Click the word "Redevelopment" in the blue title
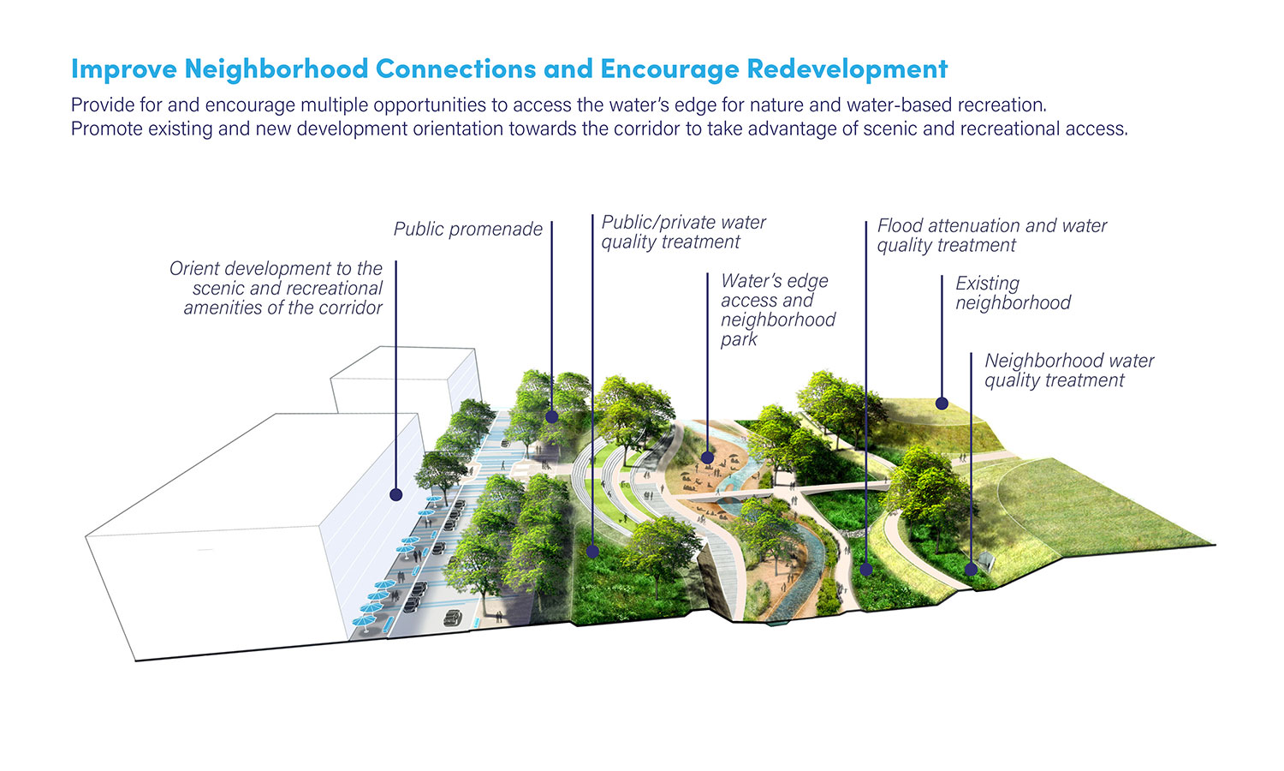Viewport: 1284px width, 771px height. (x=847, y=69)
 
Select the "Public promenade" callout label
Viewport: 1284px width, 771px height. (x=467, y=229)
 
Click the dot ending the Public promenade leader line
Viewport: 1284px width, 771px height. (x=552, y=417)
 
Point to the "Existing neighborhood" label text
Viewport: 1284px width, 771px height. (x=1013, y=293)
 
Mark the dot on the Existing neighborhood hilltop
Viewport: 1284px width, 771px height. (x=942, y=403)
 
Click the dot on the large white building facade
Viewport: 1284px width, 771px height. (x=396, y=494)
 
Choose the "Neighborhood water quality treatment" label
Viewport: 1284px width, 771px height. (x=1069, y=370)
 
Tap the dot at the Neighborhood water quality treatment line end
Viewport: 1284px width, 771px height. (x=971, y=569)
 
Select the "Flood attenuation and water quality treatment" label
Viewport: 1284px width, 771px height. (x=991, y=236)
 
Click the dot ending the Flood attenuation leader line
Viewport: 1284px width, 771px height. (x=866, y=570)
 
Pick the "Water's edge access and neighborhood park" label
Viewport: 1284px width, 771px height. (x=778, y=310)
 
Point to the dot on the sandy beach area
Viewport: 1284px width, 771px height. (x=707, y=457)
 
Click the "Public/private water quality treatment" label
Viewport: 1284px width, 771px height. (x=683, y=232)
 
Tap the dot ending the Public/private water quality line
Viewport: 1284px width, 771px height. (x=592, y=552)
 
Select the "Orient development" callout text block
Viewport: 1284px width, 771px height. (x=276, y=288)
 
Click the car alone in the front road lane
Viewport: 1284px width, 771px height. (x=453, y=618)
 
